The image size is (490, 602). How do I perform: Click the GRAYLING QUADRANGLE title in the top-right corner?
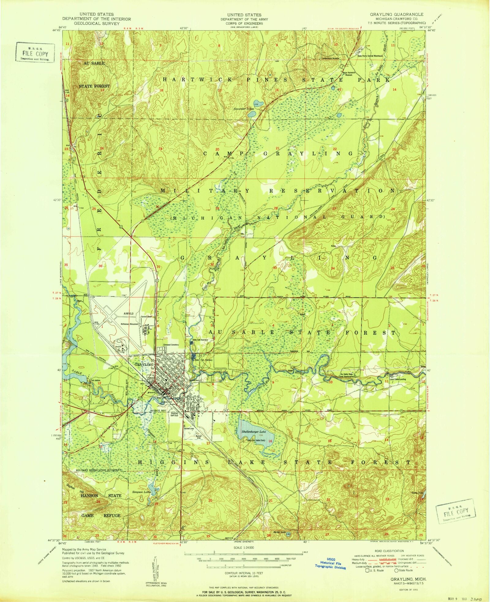397,14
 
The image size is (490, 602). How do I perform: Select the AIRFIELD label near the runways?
129,314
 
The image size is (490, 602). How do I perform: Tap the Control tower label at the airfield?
146,317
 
